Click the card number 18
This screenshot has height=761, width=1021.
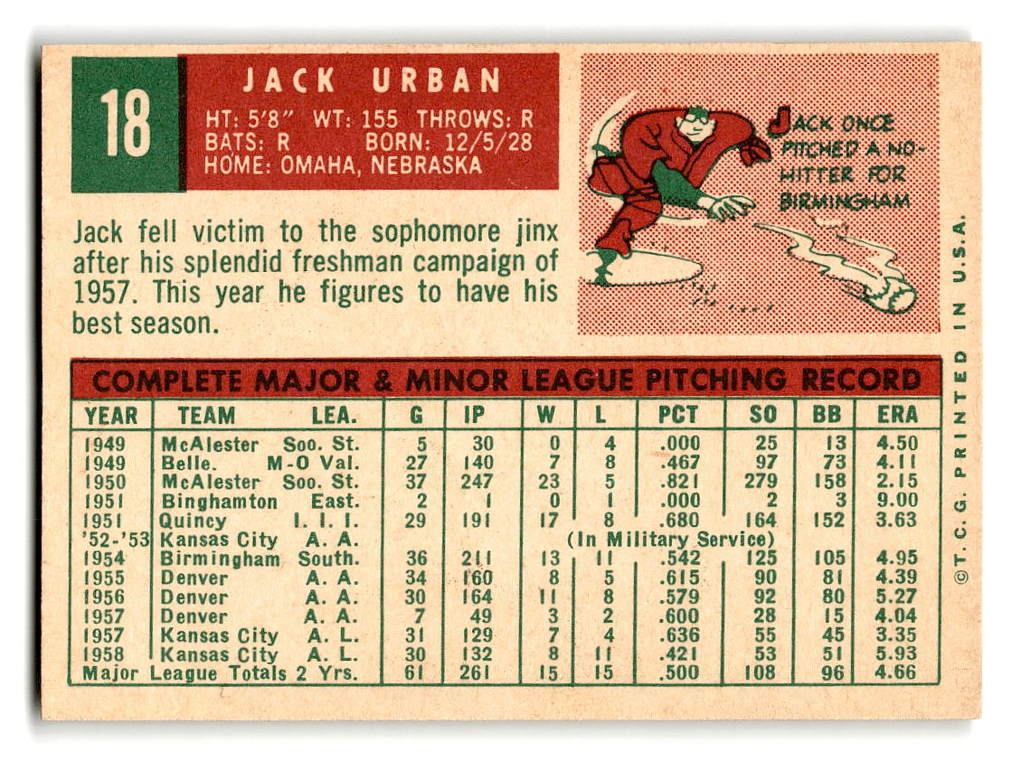(x=126, y=124)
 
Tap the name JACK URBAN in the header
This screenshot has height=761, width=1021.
(x=371, y=81)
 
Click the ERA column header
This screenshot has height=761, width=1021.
(x=897, y=415)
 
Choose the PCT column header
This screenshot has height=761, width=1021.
(x=678, y=415)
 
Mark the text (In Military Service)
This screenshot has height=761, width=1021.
(x=671, y=540)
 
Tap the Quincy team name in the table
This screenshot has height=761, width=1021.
(x=194, y=521)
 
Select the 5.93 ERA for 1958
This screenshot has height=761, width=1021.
(x=896, y=653)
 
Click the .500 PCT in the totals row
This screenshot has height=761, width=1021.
(x=680, y=672)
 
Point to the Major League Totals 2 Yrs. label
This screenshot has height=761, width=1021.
(x=220, y=673)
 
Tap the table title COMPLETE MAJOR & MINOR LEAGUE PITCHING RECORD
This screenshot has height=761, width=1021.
(x=506, y=380)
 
